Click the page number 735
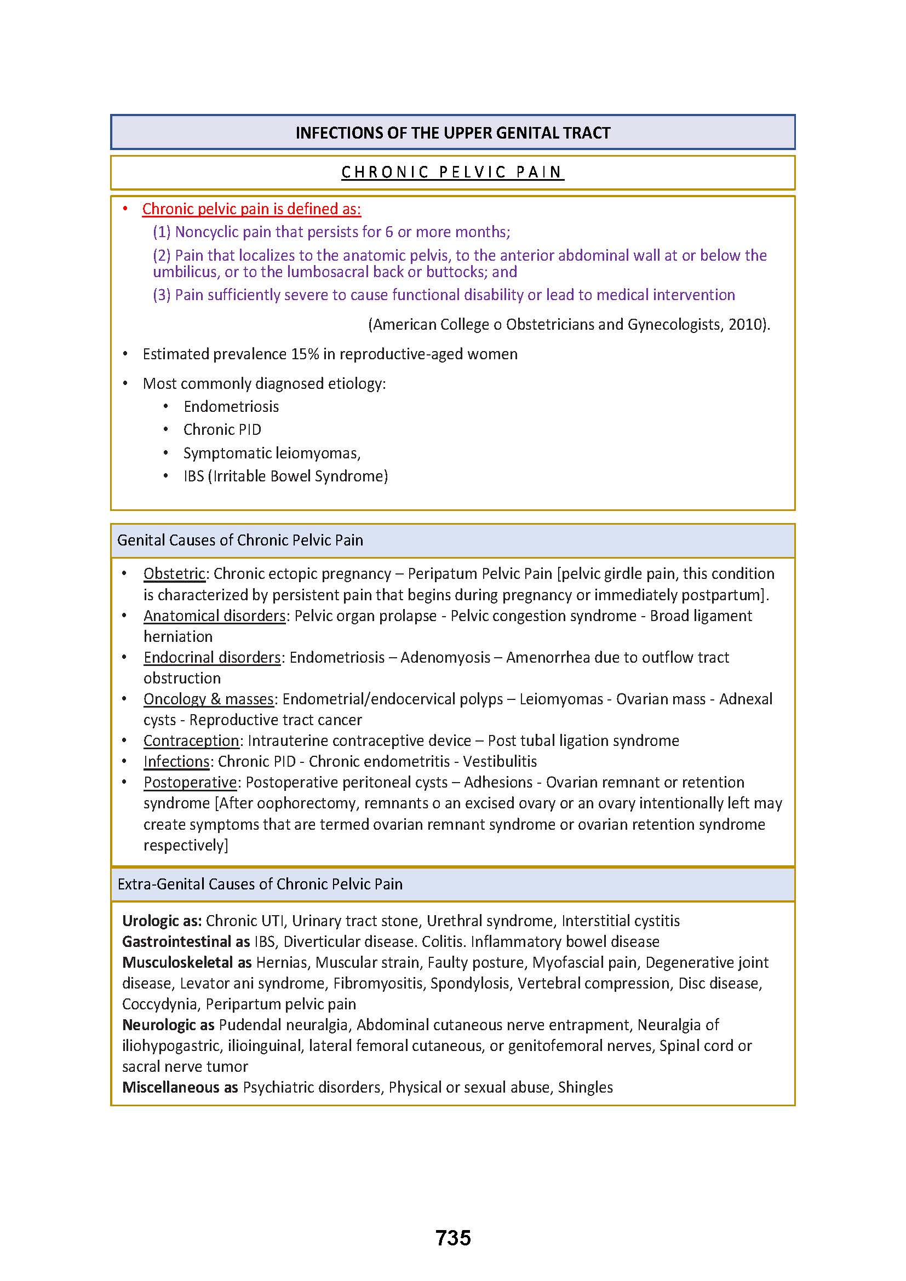pos(453,1238)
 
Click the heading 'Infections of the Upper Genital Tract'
pos(452,133)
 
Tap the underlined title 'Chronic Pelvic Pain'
pos(452,173)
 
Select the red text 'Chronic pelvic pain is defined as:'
pos(251,209)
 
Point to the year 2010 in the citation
pos(745,324)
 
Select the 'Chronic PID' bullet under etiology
pos(222,429)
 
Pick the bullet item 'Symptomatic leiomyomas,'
pos(272,453)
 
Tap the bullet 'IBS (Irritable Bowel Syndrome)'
pos(285,476)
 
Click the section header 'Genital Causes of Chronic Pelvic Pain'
pos(240,540)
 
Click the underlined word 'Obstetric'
pos(174,573)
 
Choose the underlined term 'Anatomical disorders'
pos(214,616)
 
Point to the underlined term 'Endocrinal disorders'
pos(212,657)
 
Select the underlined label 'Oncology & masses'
pos(209,699)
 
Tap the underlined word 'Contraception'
pos(191,740)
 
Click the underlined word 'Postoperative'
pos(190,782)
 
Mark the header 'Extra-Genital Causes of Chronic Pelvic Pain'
pos(260,884)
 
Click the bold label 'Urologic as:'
pos(162,921)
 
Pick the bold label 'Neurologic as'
pos(169,1025)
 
